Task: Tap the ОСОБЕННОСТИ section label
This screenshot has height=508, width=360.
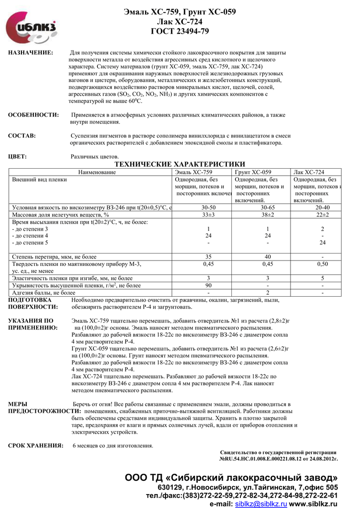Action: (x=34, y=115)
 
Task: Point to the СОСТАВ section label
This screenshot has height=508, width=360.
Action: (x=22, y=136)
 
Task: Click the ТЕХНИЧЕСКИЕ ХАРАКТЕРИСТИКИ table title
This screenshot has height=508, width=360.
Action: (x=180, y=164)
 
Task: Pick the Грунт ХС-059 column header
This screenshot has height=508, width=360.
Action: (x=253, y=172)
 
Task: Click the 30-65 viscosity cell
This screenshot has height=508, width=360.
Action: (x=267, y=207)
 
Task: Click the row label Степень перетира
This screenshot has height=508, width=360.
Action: (x=54, y=256)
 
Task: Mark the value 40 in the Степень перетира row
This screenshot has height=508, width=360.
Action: (x=267, y=256)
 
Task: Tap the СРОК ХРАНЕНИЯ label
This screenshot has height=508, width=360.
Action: (x=36, y=445)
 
